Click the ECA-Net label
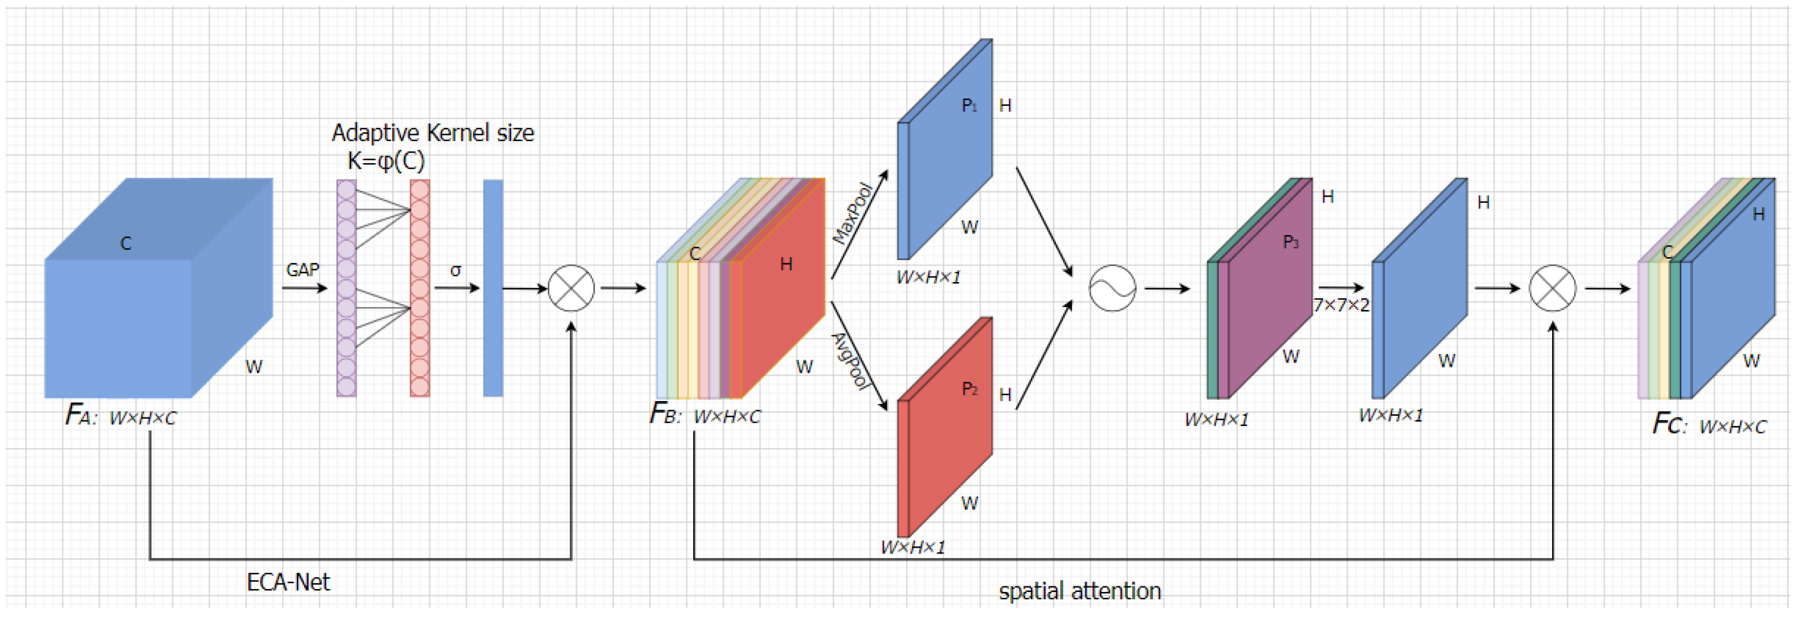coord(288,582)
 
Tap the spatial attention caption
coord(1080,591)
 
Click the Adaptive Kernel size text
coord(432,133)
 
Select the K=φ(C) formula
coord(386,161)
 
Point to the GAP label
coord(302,270)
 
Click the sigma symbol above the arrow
coord(456,270)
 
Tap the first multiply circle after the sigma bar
coord(572,288)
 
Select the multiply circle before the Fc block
coord(1553,288)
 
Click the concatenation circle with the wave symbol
coord(1112,288)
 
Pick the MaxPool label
coord(852,212)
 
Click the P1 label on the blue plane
coord(969,105)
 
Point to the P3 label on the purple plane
coord(1290,242)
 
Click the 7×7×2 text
coord(1341,305)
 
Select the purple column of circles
coord(347,288)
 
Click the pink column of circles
coord(420,288)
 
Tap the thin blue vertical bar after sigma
coord(493,288)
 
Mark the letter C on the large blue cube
coord(126,244)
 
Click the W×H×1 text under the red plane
coord(913,547)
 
